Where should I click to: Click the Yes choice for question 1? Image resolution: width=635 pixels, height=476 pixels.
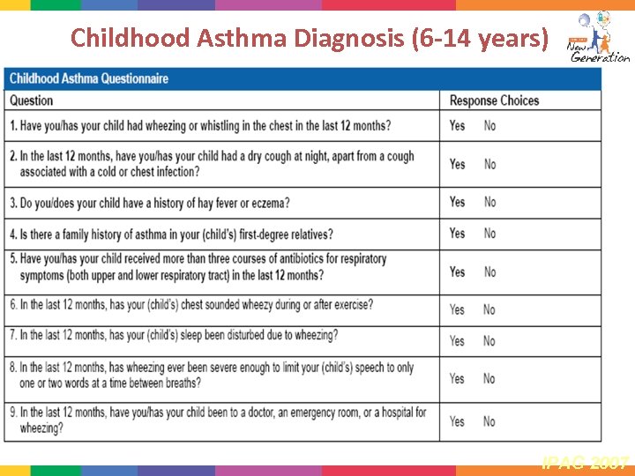457,126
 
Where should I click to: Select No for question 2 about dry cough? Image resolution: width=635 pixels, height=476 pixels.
489,164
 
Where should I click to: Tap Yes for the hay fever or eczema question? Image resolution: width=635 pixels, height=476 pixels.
457,202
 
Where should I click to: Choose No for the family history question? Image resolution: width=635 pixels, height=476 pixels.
489,234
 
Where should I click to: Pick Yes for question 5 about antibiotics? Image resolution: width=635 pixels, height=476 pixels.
457,271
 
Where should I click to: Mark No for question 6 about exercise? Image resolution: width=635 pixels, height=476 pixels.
489,309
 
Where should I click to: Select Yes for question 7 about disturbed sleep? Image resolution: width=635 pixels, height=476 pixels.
457,340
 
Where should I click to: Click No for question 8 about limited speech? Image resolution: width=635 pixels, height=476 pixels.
489,378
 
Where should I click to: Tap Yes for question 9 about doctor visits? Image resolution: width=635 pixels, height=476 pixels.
457,421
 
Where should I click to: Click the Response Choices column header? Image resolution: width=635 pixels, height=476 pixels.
494,100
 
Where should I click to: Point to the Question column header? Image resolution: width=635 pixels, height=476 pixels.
32,100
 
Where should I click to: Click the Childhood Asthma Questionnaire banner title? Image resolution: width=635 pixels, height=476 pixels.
88,78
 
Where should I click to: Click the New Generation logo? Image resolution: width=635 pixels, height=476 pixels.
598,37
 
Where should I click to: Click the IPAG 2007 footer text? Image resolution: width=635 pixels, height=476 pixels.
586,461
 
